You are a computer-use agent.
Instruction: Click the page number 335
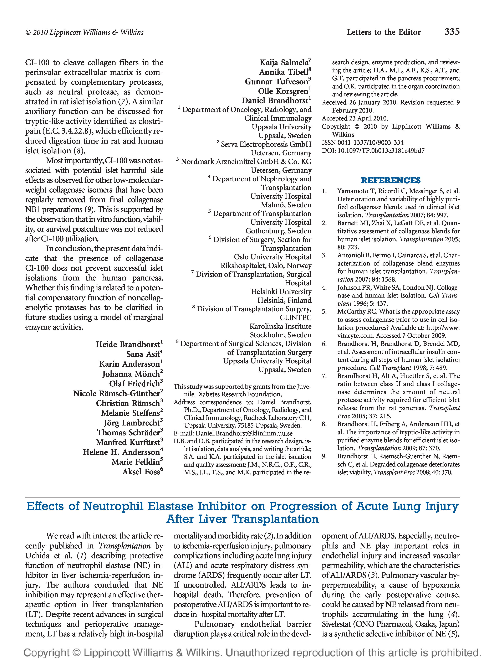pyautogui.click(x=452, y=32)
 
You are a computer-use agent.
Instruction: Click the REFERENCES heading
pyautogui.click(x=391, y=180)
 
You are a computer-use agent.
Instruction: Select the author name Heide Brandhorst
pyautogui.click(x=128, y=344)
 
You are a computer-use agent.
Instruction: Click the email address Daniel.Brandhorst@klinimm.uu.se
pyautogui.click(x=244, y=433)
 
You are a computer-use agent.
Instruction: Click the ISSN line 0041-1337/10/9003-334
pyautogui.click(x=363, y=143)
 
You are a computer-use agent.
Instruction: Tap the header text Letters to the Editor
pyautogui.click(x=384, y=32)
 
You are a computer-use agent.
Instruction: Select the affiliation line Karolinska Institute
pyautogui.click(x=280, y=326)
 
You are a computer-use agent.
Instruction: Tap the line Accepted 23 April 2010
pyautogui.click(x=355, y=118)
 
